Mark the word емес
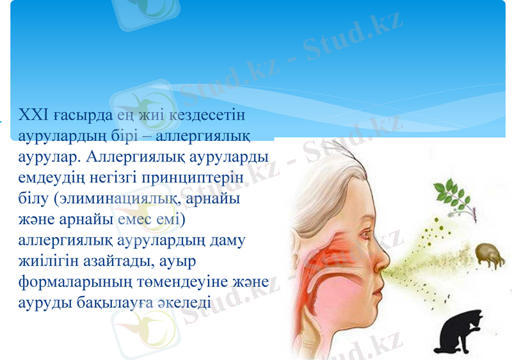[x=136, y=220]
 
